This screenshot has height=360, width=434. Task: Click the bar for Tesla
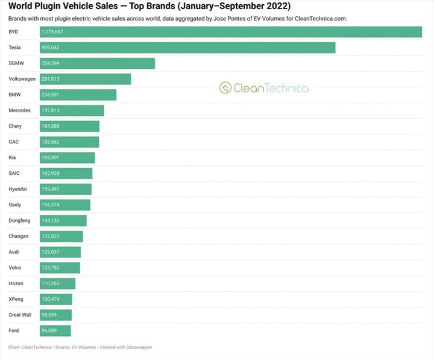(187, 48)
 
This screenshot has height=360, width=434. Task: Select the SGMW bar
(97, 63)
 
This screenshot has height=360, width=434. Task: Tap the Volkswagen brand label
(22, 79)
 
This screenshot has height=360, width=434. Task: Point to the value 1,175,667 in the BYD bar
(52, 32)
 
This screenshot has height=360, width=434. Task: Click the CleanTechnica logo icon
(225, 88)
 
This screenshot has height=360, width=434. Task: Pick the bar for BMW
(78, 95)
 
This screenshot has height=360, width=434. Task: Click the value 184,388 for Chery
(51, 126)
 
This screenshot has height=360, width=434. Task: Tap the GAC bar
(69, 142)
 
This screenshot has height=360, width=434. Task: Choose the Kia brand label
(13, 157)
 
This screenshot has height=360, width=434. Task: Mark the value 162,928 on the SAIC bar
(51, 173)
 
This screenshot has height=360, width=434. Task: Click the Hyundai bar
(66, 189)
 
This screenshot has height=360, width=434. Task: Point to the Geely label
(15, 205)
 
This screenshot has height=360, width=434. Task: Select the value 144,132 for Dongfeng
(51, 221)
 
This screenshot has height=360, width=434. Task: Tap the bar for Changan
(61, 236)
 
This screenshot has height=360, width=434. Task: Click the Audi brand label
(14, 252)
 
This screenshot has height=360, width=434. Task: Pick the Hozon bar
(57, 283)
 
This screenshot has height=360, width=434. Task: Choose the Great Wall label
(20, 315)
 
